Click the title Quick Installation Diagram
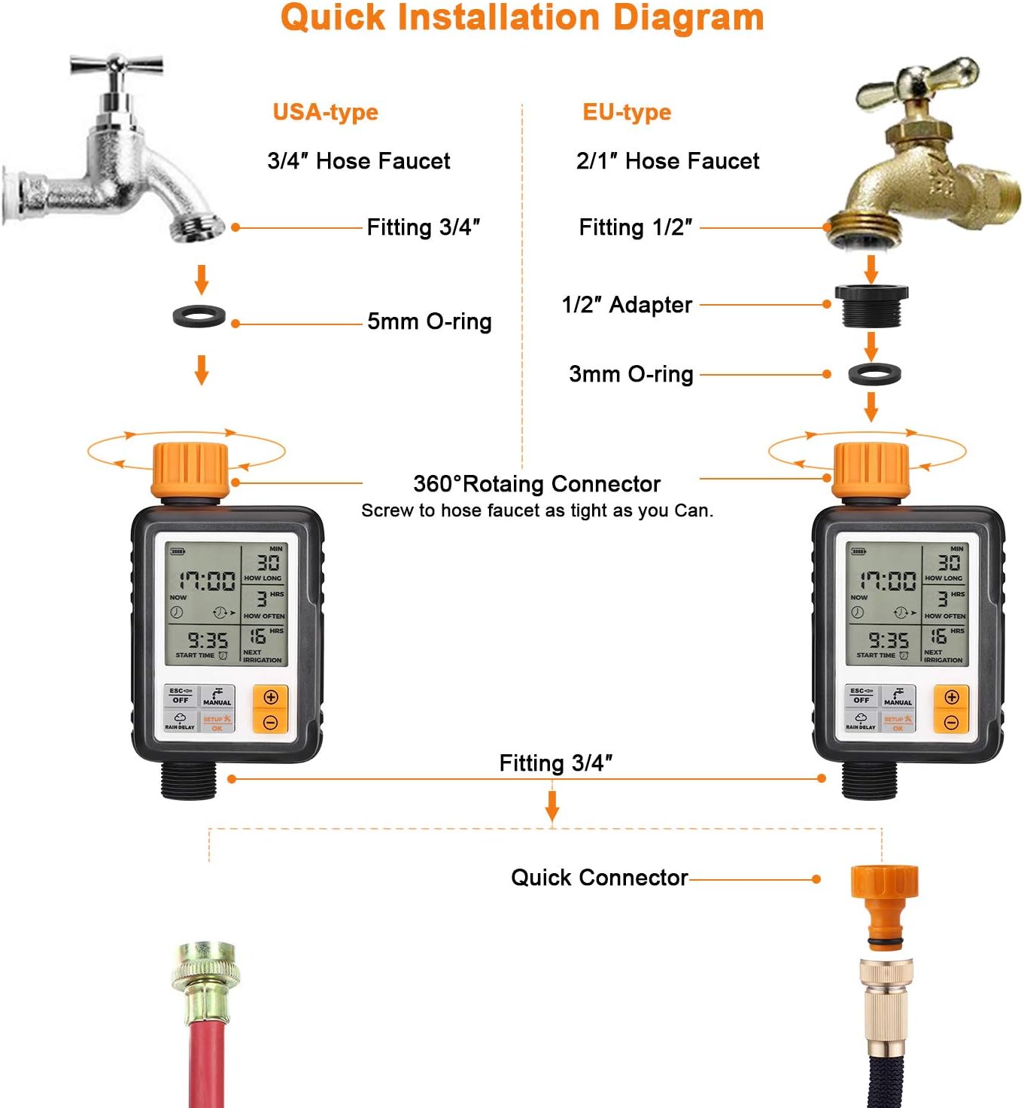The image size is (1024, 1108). [522, 18]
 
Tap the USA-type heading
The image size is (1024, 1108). [325, 112]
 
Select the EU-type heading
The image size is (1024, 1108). [627, 112]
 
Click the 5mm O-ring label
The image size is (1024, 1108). [429, 321]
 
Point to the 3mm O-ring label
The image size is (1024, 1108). [631, 374]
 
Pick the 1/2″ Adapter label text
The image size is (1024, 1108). [626, 305]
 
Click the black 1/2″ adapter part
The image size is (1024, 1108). [871, 305]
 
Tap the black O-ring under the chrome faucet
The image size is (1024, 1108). [199, 315]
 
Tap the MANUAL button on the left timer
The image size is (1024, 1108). [217, 696]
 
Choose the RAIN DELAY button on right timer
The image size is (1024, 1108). [861, 721]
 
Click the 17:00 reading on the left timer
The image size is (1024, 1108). [207, 580]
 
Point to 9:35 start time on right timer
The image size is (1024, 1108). [888, 641]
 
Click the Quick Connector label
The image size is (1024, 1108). [599, 878]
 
